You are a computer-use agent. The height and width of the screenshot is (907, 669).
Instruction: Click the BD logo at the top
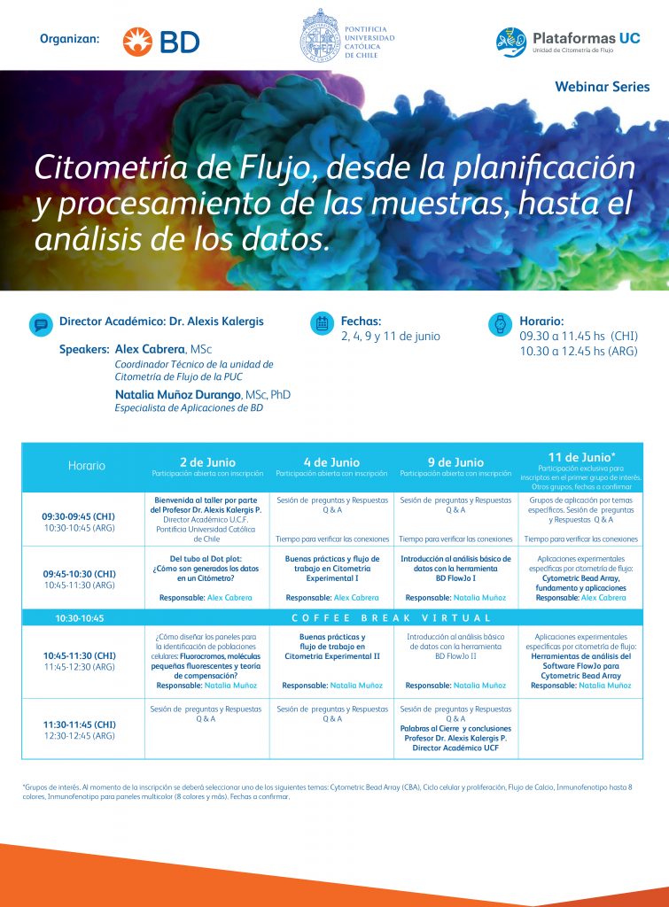pyautogui.click(x=160, y=41)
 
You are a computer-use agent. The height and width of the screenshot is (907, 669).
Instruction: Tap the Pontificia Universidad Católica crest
pyautogui.click(x=318, y=35)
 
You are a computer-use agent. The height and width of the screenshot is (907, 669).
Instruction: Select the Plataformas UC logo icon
pyautogui.click(x=511, y=42)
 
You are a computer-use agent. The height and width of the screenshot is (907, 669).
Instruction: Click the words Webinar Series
pyautogui.click(x=602, y=87)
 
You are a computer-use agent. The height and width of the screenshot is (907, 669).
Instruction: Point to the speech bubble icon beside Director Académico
pyautogui.click(x=40, y=323)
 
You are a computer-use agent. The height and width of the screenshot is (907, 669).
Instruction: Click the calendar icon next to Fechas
pyautogui.click(x=322, y=323)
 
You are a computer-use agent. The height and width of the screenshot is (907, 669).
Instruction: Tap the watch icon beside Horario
pyautogui.click(x=501, y=324)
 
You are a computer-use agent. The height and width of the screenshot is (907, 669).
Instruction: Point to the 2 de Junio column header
pyautogui.click(x=207, y=462)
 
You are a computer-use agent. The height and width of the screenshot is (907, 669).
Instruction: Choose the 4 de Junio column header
pyautogui.click(x=331, y=462)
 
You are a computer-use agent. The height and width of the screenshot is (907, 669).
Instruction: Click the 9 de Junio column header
pyautogui.click(x=455, y=462)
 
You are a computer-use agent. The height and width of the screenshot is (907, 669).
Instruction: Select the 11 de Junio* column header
pyautogui.click(x=580, y=457)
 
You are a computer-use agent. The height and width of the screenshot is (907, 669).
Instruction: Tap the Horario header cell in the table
pyautogui.click(x=86, y=466)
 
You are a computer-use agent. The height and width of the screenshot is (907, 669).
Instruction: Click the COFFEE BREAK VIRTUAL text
pyautogui.click(x=393, y=617)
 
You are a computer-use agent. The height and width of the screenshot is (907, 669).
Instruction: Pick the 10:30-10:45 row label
pyautogui.click(x=80, y=617)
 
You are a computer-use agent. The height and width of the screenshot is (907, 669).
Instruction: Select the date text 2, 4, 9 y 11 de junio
pyautogui.click(x=390, y=337)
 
